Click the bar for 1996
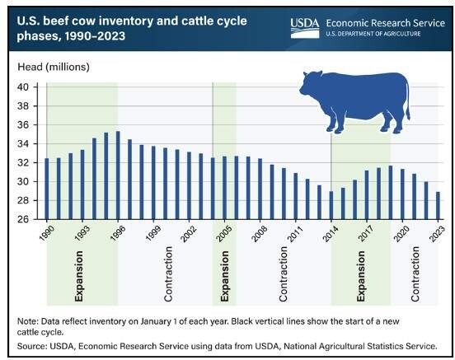pos(118,175)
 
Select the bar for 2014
pos(331,205)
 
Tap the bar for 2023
pos(438,206)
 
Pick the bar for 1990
pos(47,189)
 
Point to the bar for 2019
pos(391,193)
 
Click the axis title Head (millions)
pos(54,67)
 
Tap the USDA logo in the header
pos(305,27)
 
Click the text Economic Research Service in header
pos(386,23)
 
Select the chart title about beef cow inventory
pos(132,29)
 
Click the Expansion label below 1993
pos(79,276)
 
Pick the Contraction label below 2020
pos(415,274)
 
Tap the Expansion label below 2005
pos(224,276)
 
